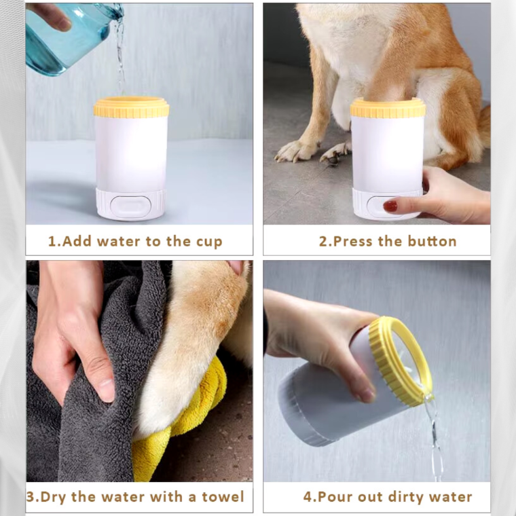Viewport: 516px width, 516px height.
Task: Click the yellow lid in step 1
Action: click(131, 107)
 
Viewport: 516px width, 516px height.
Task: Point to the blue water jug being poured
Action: click(64, 37)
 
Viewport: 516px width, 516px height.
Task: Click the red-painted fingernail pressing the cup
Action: click(390, 206)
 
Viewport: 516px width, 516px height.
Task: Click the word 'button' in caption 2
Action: click(432, 242)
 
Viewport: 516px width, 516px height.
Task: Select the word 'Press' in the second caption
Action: click(356, 242)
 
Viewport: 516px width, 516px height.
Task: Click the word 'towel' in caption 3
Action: click(221, 497)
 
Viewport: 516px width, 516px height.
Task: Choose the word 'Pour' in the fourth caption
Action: click(331, 497)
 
